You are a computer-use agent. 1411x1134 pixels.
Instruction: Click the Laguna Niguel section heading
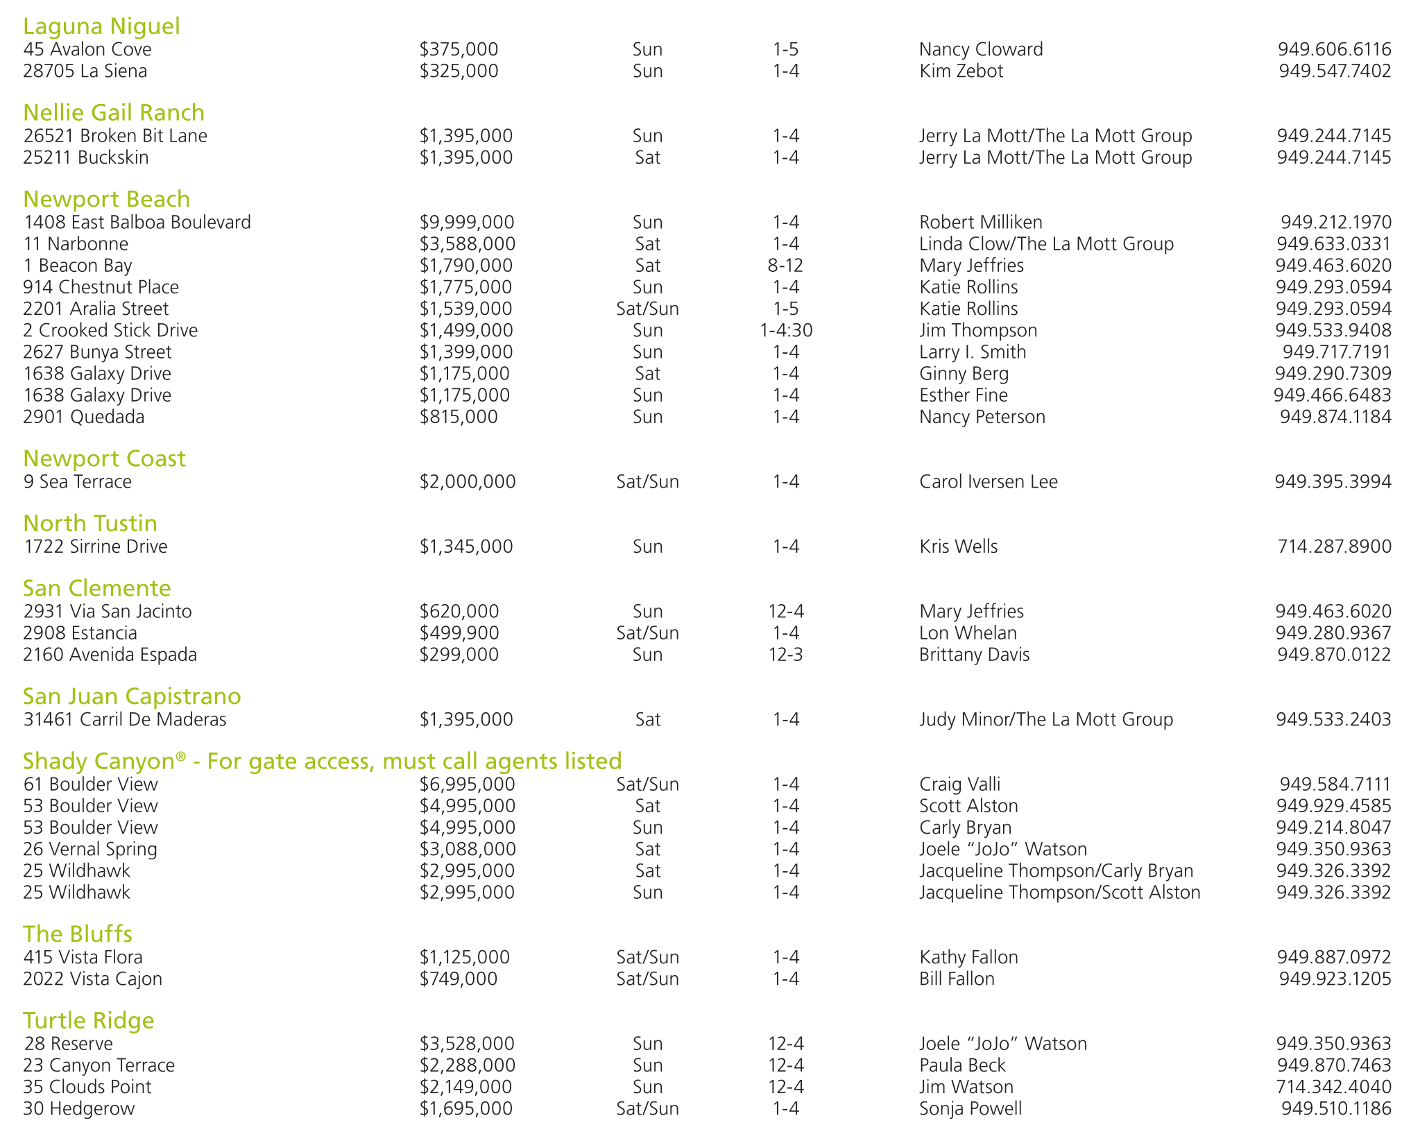(x=101, y=26)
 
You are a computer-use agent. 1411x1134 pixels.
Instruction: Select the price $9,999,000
(x=467, y=223)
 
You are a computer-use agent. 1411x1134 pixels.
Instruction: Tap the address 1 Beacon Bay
(x=77, y=266)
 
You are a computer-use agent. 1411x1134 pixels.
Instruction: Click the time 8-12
(x=785, y=266)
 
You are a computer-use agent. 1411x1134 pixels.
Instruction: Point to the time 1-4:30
(x=786, y=331)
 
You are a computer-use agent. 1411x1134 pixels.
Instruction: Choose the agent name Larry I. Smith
(x=973, y=352)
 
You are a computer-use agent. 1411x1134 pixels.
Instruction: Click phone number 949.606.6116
(x=1334, y=49)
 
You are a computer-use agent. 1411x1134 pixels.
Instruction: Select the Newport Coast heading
(x=104, y=459)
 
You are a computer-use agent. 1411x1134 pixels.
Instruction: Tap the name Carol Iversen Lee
(x=989, y=482)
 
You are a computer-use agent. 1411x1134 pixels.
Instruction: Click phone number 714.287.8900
(x=1334, y=547)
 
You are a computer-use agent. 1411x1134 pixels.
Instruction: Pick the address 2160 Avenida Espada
(x=110, y=655)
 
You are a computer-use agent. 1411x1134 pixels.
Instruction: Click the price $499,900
(x=459, y=633)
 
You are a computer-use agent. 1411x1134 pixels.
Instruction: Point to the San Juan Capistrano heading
(x=132, y=696)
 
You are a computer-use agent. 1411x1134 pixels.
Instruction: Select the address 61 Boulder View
(x=90, y=784)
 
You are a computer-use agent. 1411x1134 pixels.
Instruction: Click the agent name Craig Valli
(x=959, y=784)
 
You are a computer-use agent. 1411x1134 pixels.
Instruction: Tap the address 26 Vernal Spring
(x=90, y=850)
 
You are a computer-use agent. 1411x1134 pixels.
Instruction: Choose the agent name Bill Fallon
(x=957, y=979)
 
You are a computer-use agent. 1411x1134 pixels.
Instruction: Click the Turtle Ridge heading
(x=89, y=1021)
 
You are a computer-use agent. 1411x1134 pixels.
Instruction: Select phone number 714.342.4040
(x=1333, y=1087)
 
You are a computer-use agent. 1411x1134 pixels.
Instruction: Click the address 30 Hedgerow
(x=78, y=1108)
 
